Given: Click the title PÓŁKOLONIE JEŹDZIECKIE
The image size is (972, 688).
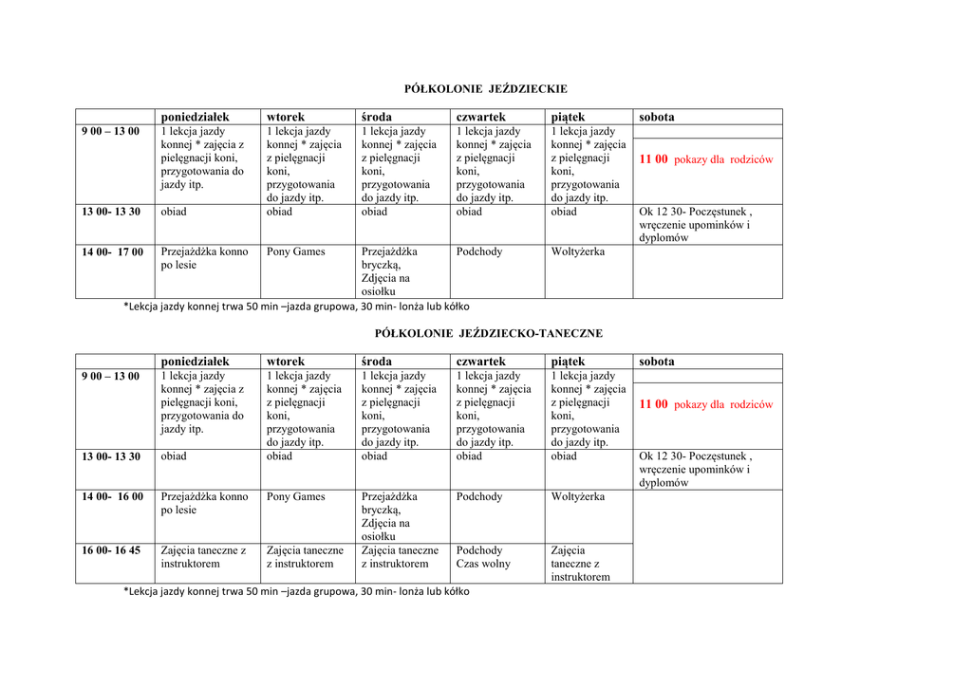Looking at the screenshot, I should pyautogui.click(x=485, y=89).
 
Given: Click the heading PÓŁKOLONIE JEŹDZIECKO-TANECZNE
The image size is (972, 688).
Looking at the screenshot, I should pyautogui.click(x=488, y=334).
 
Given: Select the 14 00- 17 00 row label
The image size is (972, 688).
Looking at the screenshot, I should pyautogui.click(x=112, y=252).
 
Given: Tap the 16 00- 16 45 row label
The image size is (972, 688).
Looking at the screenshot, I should pyautogui.click(x=112, y=551).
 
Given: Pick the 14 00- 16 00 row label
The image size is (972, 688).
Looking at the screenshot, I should pyautogui.click(x=112, y=497).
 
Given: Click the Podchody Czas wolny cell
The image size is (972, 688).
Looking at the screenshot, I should pyautogui.click(x=483, y=557).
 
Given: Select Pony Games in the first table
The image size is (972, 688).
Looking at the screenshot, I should pyautogui.click(x=295, y=252).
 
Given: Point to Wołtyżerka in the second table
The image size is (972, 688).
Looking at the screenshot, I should pyautogui.click(x=578, y=497).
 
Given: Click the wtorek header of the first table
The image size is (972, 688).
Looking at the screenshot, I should pyautogui.click(x=286, y=117).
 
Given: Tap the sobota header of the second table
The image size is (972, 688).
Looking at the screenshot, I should pyautogui.click(x=657, y=362).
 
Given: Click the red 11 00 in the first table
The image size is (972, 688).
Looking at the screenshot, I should pyautogui.click(x=654, y=159).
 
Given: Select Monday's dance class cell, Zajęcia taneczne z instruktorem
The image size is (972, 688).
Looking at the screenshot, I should pyautogui.click(x=203, y=557).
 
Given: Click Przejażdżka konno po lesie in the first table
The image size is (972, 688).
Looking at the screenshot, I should pyautogui.click(x=204, y=258).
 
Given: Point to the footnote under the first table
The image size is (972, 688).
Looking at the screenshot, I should pyautogui.click(x=296, y=307).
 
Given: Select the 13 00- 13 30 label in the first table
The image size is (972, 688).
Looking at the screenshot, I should pyautogui.click(x=111, y=213).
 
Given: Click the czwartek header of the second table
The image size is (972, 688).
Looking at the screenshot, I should pyautogui.click(x=480, y=362).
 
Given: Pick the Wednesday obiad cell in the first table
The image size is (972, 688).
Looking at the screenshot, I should pyautogui.click(x=374, y=213).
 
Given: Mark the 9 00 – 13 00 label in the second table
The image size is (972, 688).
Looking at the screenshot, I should pyautogui.click(x=110, y=377).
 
